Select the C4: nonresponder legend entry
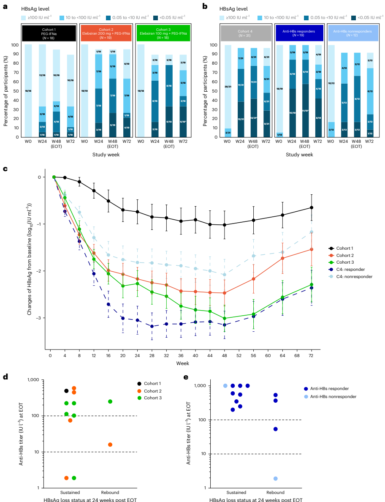click(354, 276)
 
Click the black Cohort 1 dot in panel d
click(66, 391)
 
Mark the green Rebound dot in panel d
click(110, 401)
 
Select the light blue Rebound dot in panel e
click(275, 478)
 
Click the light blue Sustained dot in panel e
click(225, 386)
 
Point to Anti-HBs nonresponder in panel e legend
click(333, 396)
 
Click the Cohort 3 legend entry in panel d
click(150, 398)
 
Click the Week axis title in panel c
click(182, 363)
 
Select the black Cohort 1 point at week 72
click(311, 207)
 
